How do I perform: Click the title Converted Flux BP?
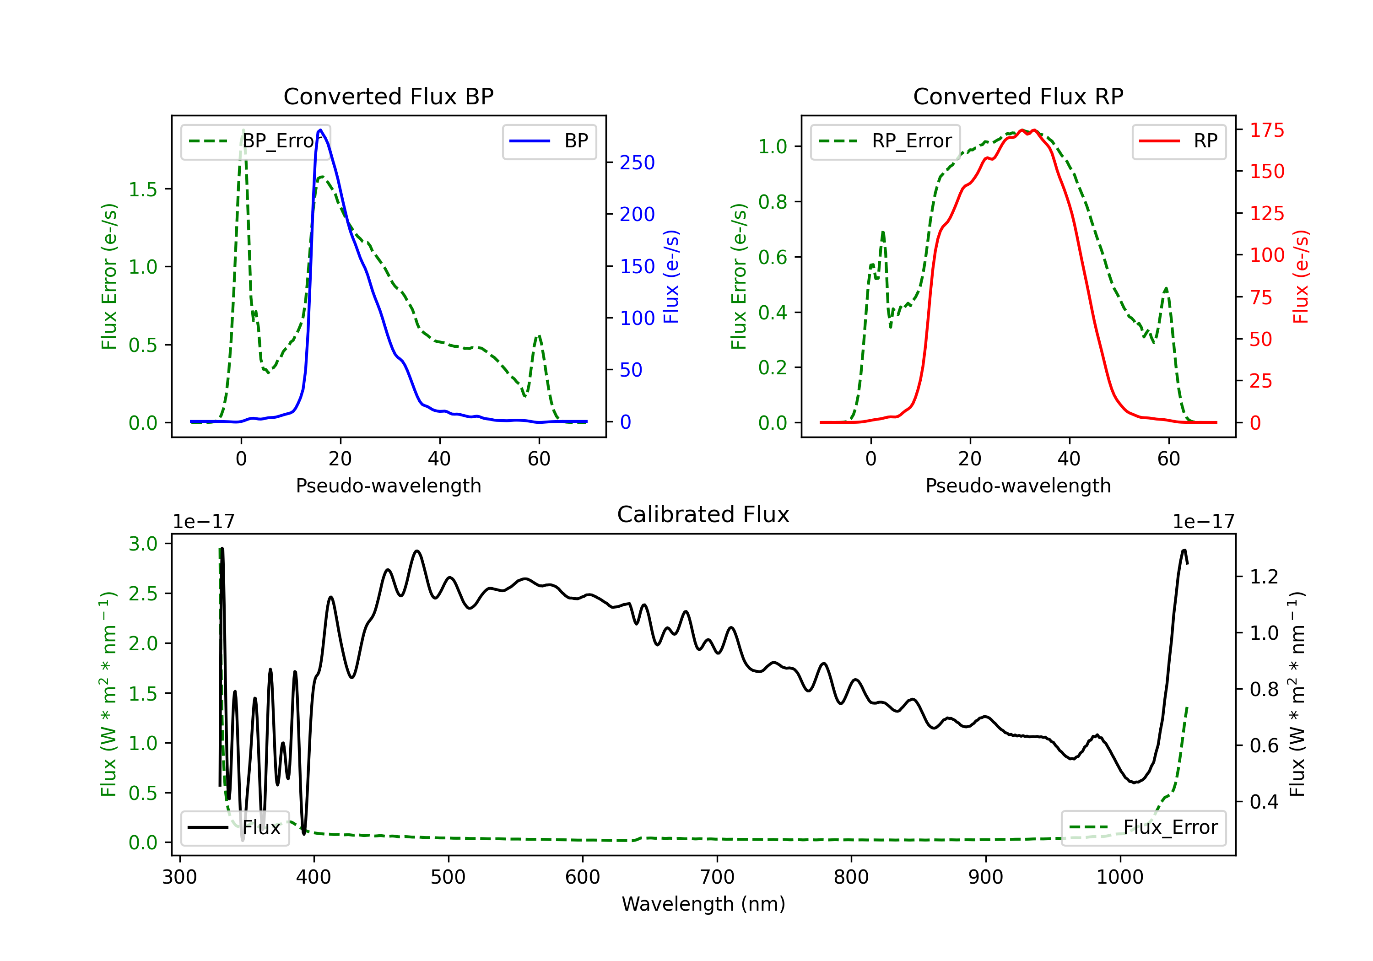click(388, 96)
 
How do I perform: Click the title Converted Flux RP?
click(1018, 96)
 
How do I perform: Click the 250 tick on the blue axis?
click(637, 162)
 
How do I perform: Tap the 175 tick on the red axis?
click(1266, 130)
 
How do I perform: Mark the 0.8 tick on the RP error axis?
click(773, 202)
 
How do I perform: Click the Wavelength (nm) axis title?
click(703, 904)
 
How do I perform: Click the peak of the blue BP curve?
click(320, 130)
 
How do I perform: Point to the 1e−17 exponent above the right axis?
click(1203, 522)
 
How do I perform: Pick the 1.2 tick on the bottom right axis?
click(1264, 577)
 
